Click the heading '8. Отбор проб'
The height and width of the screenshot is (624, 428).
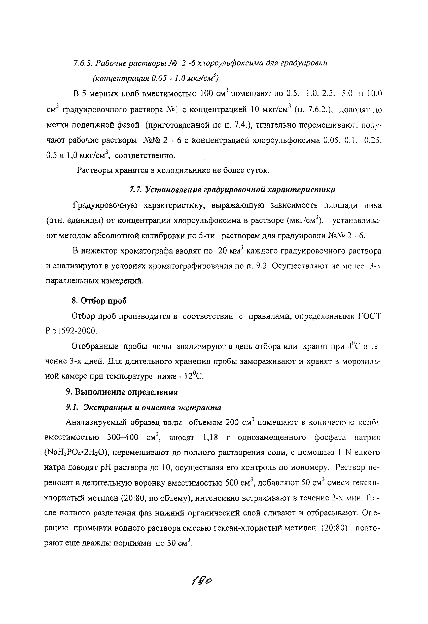pos(99,301)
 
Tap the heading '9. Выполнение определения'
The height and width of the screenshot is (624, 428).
pos(122,392)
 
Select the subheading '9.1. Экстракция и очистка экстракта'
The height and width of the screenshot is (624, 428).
pos(144,408)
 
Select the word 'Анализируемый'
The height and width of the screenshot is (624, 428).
pos(95,423)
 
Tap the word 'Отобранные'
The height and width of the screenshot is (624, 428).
pos(95,347)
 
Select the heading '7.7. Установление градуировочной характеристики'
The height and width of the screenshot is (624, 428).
pos(232,190)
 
